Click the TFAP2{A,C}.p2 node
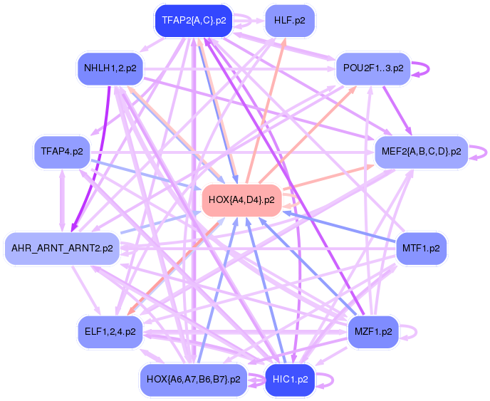(x=194, y=20)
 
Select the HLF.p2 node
(x=289, y=20)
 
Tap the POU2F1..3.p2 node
(x=372, y=68)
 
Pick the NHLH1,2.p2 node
(x=110, y=69)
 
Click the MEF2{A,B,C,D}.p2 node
(x=421, y=152)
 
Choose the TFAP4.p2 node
(x=61, y=152)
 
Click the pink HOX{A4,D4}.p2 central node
(x=243, y=200)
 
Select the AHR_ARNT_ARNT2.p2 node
(x=62, y=249)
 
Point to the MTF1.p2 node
(x=420, y=249)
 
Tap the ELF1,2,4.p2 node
(x=110, y=331)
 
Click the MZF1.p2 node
(x=373, y=331)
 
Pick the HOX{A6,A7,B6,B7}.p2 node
(x=193, y=379)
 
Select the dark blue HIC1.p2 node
(x=290, y=379)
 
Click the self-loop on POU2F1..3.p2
(x=422, y=68)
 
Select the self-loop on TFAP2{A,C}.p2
(x=246, y=20)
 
